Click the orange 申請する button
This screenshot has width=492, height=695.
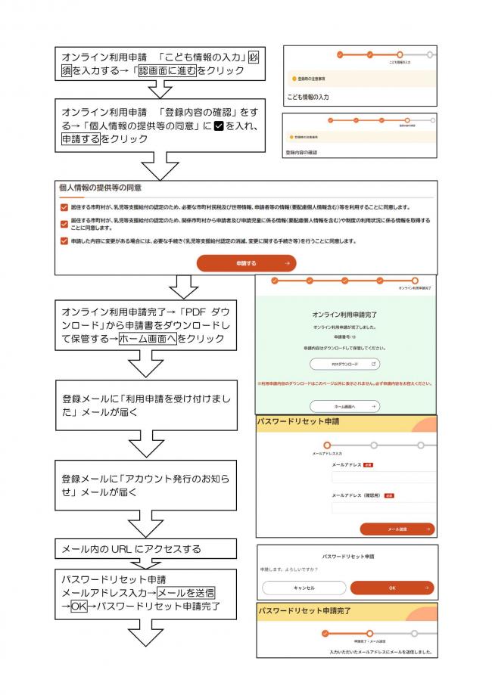(246, 262)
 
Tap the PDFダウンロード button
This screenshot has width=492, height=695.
(344, 364)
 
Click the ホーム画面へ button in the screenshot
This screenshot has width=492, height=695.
(344, 406)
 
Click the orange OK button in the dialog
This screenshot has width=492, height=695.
(391, 587)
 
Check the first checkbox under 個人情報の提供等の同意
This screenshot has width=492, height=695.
(64, 206)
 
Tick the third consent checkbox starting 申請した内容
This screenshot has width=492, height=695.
(64, 241)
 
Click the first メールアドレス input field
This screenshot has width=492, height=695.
(384, 477)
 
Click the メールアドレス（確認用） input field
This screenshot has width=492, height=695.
(384, 507)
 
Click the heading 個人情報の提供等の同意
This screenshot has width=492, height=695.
(101, 187)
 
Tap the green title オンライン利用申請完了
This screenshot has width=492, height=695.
(344, 313)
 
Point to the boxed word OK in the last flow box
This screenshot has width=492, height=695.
(79, 607)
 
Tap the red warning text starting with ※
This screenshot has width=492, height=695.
(345, 383)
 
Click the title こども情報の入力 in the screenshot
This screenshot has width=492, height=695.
(313, 97)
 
